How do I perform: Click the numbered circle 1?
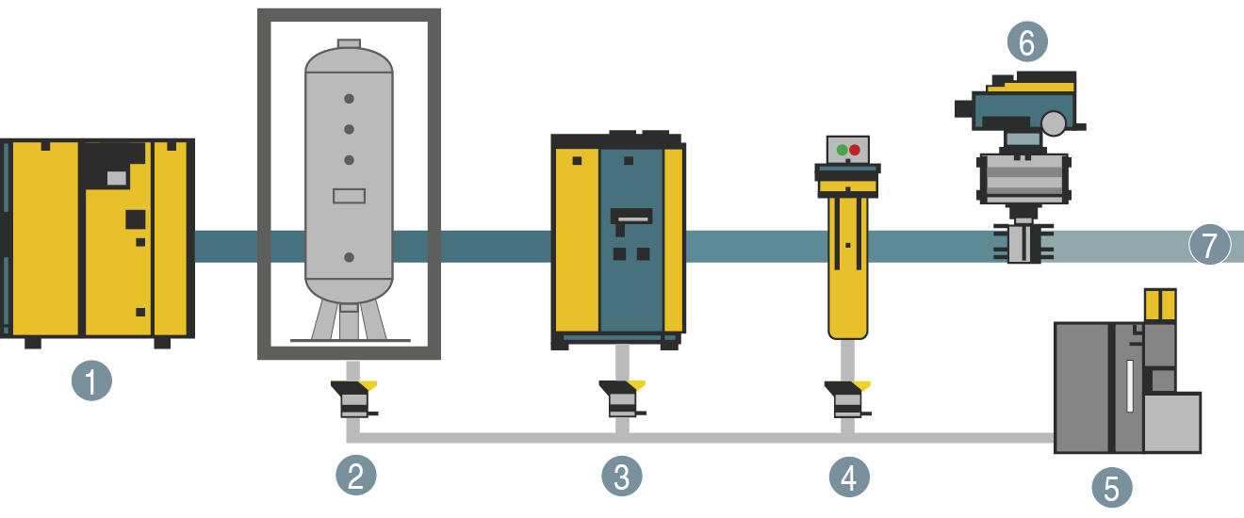pyautogui.click(x=91, y=381)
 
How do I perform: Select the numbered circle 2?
pyautogui.click(x=356, y=476)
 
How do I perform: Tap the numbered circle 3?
pyautogui.click(x=622, y=477)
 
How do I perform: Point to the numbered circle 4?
pyautogui.click(x=849, y=478)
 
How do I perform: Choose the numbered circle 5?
pyautogui.click(x=1112, y=488)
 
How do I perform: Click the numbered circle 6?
pyautogui.click(x=1027, y=41)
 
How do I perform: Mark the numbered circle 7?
pyautogui.click(x=1210, y=246)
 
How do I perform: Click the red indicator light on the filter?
pyautogui.click(x=855, y=150)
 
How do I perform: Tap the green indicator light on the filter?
pyautogui.click(x=842, y=150)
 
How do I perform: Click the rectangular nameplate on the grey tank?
pyautogui.click(x=349, y=196)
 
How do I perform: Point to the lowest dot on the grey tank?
pyautogui.click(x=349, y=256)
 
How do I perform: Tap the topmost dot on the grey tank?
pyautogui.click(x=349, y=98)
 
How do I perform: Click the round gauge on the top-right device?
pyautogui.click(x=1055, y=121)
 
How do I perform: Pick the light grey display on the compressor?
pyautogui.click(x=116, y=177)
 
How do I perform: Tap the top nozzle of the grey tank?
pyautogui.click(x=349, y=43)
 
